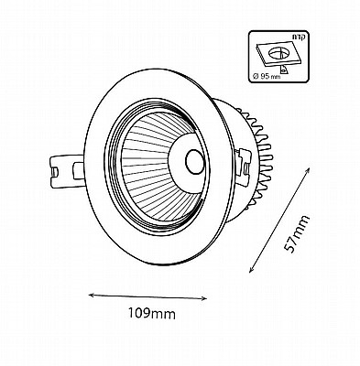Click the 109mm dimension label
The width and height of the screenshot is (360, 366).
point(151,313)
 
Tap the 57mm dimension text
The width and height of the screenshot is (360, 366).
point(296,234)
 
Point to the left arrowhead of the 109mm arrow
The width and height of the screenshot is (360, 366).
point(92,295)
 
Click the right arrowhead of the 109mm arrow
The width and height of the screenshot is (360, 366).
point(204,299)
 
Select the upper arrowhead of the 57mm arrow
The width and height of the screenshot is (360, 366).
point(308,170)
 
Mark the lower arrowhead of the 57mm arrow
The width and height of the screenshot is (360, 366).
point(252,269)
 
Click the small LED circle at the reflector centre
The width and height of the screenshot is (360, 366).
point(194,161)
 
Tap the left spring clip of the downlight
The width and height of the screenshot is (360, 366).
point(67,171)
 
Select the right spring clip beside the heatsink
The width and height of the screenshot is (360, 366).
point(244,167)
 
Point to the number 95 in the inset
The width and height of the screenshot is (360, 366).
point(266,76)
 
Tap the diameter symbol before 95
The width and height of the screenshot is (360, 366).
point(257,76)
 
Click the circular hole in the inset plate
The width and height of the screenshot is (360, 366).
point(279,53)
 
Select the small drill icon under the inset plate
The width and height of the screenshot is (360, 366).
point(284,70)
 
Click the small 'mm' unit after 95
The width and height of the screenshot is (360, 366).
point(275,77)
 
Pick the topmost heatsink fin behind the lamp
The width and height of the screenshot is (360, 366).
point(240,111)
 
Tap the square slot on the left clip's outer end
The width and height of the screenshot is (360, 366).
point(54,171)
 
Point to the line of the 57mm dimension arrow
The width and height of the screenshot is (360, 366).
point(279,220)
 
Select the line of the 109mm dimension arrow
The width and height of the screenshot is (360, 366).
point(148,296)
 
